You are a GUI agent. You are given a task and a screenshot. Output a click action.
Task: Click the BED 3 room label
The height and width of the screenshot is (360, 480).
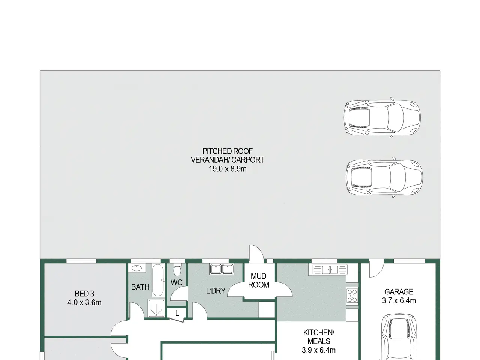[84, 294]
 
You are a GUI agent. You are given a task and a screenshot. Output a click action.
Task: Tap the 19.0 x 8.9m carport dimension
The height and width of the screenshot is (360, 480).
[228, 169]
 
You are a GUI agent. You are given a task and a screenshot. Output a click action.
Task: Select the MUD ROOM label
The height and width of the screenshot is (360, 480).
[259, 280]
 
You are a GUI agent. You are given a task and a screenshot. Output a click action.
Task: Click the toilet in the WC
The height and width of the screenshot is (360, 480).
[177, 270]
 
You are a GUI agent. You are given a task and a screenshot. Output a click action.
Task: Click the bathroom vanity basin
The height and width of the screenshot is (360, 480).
[137, 268]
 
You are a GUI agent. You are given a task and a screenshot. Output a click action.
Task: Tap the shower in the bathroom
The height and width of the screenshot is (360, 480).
[156, 308]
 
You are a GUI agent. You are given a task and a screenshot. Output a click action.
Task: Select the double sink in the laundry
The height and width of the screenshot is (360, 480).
[222, 269]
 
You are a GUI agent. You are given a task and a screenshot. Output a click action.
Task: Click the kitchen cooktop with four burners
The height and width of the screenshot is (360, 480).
[352, 296]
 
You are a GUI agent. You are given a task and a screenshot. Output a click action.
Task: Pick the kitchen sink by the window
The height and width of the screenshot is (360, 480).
[330, 270]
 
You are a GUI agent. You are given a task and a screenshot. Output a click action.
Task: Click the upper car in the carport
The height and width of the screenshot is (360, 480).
[382, 118]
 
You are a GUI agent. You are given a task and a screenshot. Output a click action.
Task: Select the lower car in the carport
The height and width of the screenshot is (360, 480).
[384, 177]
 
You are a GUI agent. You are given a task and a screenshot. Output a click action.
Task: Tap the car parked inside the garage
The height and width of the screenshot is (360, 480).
[399, 337]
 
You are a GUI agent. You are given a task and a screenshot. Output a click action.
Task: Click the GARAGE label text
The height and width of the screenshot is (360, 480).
[399, 292]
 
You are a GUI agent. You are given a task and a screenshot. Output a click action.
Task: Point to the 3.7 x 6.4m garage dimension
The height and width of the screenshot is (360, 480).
[399, 300]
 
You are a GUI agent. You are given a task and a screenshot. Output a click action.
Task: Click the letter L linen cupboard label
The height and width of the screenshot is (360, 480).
[177, 313]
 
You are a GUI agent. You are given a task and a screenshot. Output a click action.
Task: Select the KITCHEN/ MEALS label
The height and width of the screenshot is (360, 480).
[319, 337]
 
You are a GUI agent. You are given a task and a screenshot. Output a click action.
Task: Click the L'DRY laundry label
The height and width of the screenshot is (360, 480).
[216, 291]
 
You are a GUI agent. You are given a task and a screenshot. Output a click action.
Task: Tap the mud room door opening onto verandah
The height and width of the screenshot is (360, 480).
[256, 253]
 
